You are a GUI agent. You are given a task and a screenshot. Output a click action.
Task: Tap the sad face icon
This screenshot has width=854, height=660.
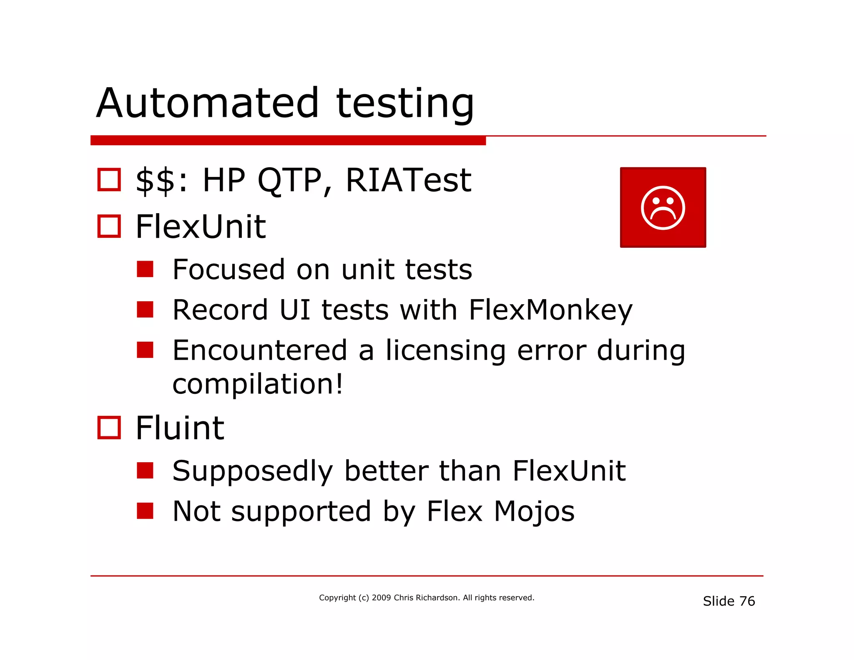[x=663, y=207]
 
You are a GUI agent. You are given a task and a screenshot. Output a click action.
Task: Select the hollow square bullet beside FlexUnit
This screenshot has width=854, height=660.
[x=109, y=226]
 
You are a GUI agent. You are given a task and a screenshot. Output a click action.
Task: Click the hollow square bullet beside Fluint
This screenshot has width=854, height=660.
[x=109, y=428]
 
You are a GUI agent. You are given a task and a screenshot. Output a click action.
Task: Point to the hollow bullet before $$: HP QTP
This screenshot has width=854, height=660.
[x=109, y=179]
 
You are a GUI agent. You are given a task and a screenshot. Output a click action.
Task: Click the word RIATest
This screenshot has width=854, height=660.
[x=408, y=180]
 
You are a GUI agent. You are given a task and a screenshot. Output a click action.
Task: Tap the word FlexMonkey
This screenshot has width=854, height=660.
[x=550, y=310]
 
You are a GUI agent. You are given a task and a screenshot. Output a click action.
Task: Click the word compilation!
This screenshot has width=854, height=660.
[x=257, y=384]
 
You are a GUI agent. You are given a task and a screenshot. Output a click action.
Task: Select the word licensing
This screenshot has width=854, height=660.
[x=445, y=350]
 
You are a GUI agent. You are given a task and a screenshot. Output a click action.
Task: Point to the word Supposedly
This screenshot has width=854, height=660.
[x=252, y=471]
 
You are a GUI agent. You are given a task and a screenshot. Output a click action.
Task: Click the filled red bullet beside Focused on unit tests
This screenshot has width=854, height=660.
[x=145, y=269]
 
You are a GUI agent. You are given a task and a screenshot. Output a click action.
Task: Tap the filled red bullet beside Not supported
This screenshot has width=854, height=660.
[x=145, y=511]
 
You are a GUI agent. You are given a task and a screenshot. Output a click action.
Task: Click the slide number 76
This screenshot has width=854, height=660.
[x=747, y=601]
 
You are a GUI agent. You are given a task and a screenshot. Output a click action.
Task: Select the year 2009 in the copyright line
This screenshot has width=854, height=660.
[x=381, y=597]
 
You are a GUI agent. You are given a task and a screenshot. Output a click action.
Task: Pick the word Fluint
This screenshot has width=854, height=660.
[x=180, y=428]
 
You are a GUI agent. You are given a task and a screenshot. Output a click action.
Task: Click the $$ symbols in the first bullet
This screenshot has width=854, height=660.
[x=155, y=180]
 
